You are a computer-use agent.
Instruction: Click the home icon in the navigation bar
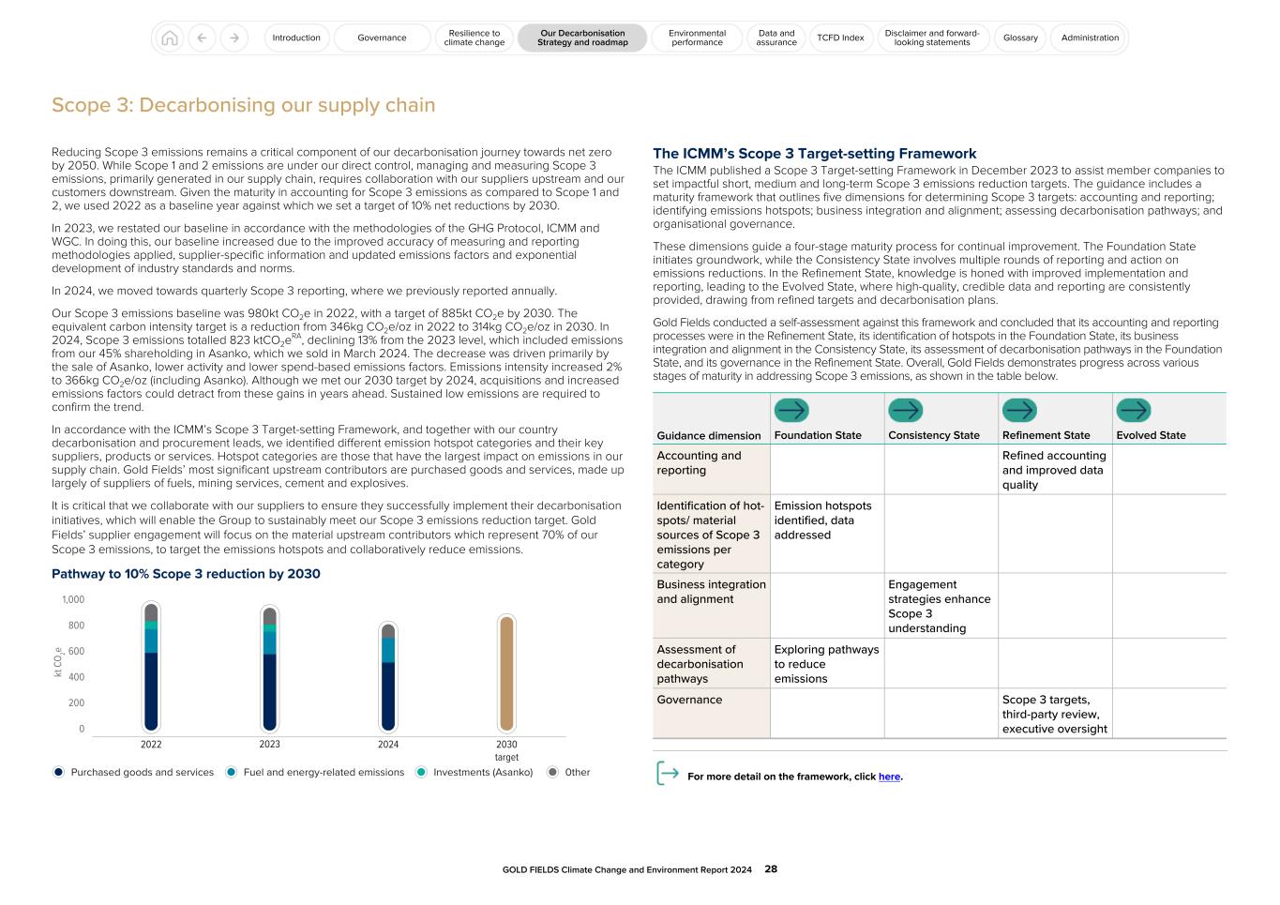click(x=170, y=38)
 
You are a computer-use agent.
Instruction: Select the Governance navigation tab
click(x=382, y=38)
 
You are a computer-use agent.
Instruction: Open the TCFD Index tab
click(x=839, y=38)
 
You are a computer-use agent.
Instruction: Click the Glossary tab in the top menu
click(x=1020, y=38)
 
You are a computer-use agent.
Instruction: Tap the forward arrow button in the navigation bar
click(x=234, y=38)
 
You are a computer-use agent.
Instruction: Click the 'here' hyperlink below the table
click(x=888, y=777)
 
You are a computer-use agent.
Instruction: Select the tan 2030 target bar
click(x=506, y=673)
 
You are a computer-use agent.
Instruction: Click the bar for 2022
click(x=151, y=668)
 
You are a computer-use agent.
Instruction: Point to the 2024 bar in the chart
click(x=388, y=677)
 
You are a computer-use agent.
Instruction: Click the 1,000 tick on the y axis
click(x=73, y=600)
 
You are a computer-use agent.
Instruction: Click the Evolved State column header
click(x=1151, y=435)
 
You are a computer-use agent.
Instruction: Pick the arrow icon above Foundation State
click(x=791, y=410)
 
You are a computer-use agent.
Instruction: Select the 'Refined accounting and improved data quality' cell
click(x=1054, y=470)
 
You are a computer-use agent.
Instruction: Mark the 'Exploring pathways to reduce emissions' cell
click(x=826, y=664)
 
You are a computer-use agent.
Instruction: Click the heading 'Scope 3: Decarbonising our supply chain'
click(x=244, y=105)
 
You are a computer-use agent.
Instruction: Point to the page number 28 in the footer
click(x=771, y=869)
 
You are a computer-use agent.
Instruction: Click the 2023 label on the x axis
click(x=269, y=745)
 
